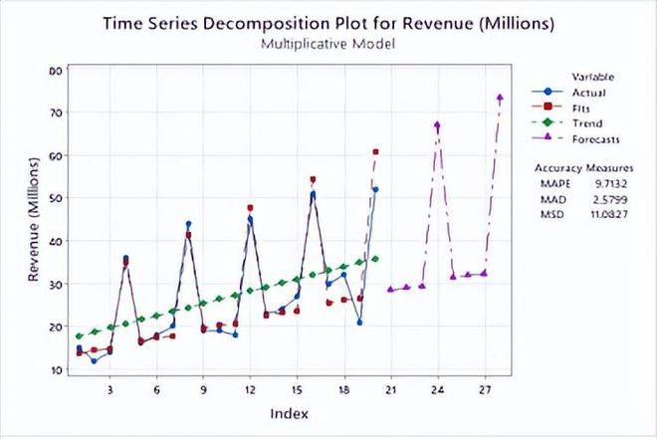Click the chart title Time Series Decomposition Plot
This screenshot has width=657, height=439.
pyautogui.click(x=328, y=24)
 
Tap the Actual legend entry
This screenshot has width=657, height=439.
pyautogui.click(x=587, y=92)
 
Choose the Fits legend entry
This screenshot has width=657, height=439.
pyautogui.click(x=583, y=108)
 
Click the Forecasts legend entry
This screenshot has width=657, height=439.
pyautogui.click(x=594, y=139)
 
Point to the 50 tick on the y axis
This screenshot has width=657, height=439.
pyautogui.click(x=57, y=198)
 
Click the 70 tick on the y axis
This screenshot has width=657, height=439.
pyautogui.click(x=57, y=112)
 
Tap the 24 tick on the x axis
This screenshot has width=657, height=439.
pyautogui.click(x=437, y=389)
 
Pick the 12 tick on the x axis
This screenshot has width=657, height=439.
pyautogui.click(x=250, y=389)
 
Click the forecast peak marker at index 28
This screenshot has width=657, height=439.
pyautogui.click(x=500, y=98)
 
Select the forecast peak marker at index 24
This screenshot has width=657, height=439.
pyautogui.click(x=437, y=125)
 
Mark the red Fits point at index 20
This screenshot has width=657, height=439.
pyautogui.click(x=375, y=151)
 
